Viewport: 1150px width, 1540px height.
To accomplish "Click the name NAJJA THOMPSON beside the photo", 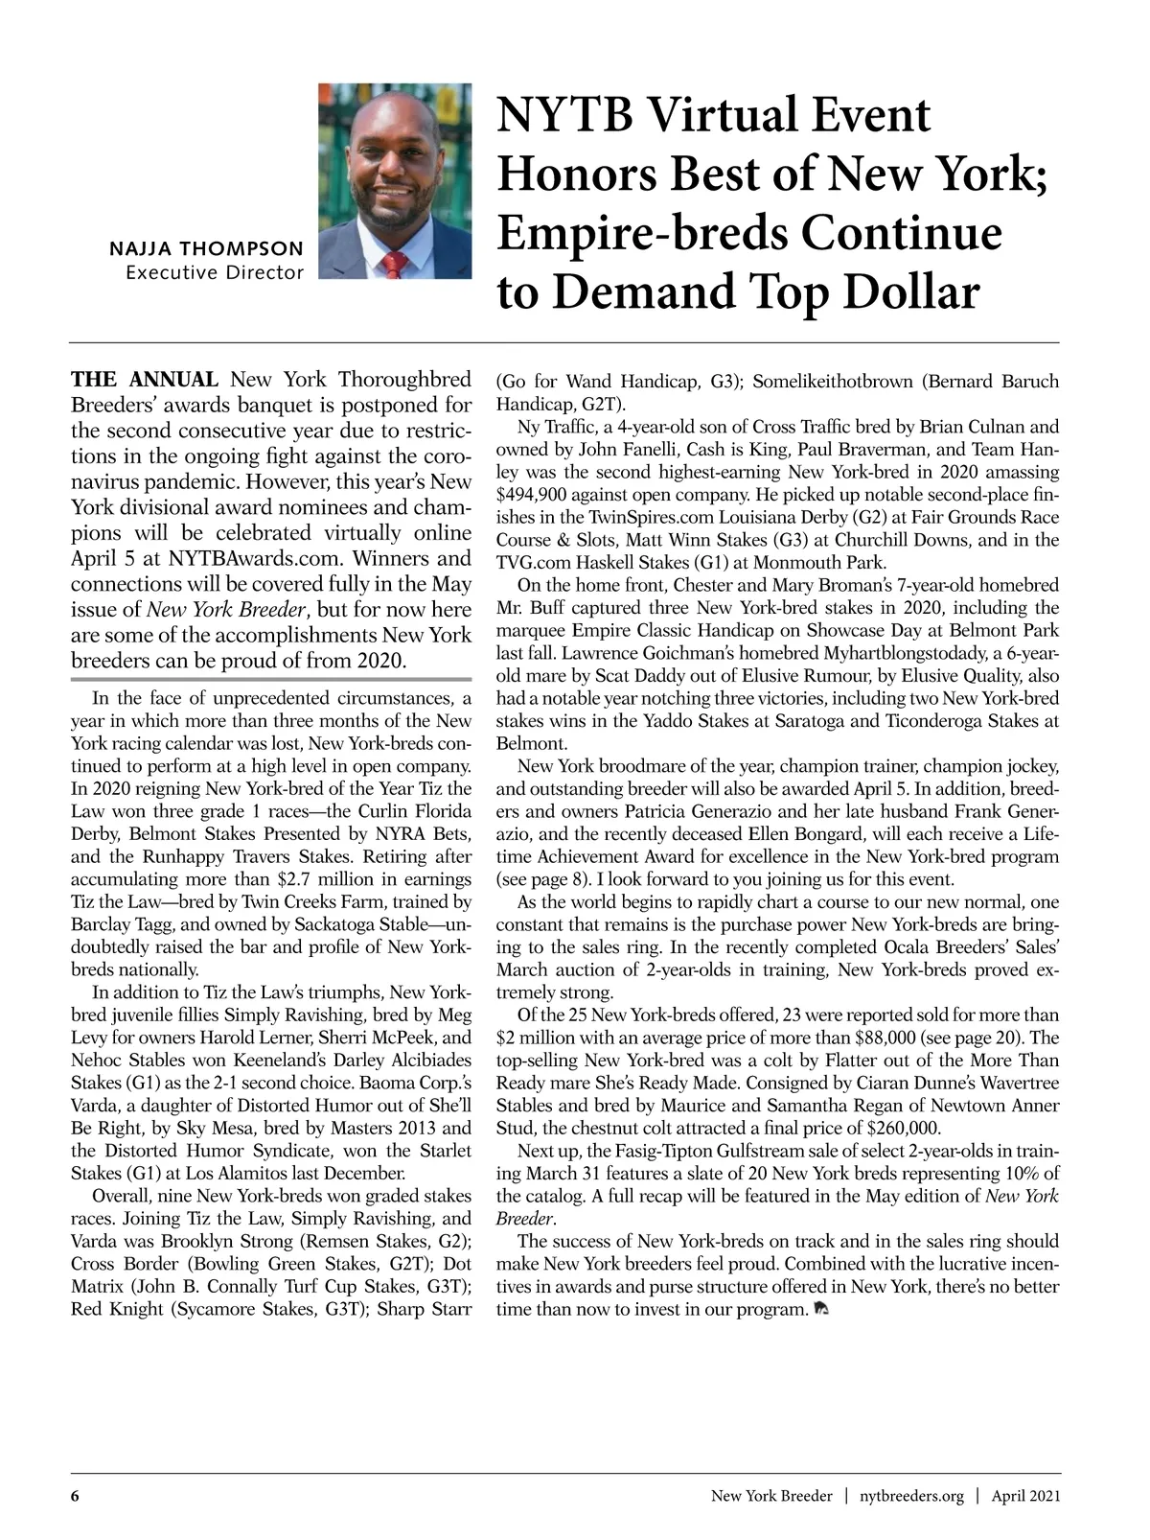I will (x=207, y=249).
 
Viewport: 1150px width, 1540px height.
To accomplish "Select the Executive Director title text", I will (x=215, y=272).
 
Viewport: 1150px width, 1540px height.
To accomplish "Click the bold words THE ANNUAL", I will (x=147, y=379).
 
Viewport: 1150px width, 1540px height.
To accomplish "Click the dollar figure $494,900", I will (x=536, y=496).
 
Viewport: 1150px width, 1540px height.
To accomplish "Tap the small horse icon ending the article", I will (x=819, y=1308).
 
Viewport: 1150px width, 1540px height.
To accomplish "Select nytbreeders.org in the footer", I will (x=911, y=1496).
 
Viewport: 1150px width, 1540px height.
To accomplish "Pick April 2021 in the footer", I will (x=1025, y=1496).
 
